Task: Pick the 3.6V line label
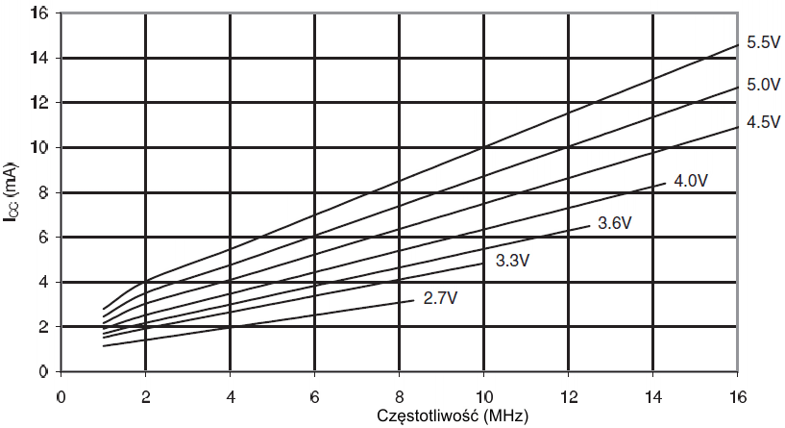(614, 223)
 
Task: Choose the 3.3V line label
(513, 260)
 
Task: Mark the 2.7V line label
(439, 298)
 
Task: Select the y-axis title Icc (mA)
(14, 193)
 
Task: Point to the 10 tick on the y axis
(39, 148)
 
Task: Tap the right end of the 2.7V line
(413, 301)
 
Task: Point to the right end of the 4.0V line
(667, 183)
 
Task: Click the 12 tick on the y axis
(39, 104)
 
